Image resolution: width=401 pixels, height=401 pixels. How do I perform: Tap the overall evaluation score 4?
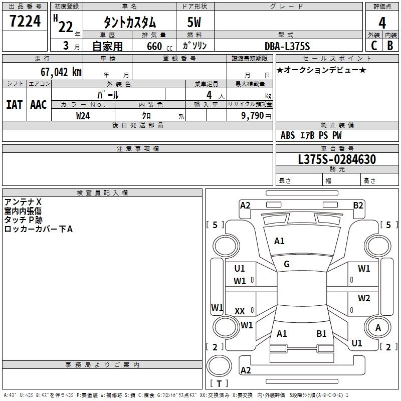tap(382, 23)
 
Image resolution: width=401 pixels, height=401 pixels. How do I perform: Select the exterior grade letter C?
tap(373, 45)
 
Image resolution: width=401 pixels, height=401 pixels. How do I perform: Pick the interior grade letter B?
tap(390, 45)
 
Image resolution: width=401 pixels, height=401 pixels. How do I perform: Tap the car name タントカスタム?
tap(130, 23)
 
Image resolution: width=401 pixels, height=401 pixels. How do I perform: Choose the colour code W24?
tap(83, 115)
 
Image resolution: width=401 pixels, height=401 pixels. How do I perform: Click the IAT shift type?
tap(14, 105)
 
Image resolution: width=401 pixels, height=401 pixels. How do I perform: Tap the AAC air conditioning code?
tap(39, 105)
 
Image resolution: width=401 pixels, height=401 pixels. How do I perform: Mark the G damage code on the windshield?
tap(287, 264)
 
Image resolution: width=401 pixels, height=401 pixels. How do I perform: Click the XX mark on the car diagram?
tap(240, 311)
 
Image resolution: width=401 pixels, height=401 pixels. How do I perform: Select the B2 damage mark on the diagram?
tap(358, 205)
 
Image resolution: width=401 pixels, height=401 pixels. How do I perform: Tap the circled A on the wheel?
tap(378, 327)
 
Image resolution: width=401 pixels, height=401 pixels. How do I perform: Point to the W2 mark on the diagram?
tap(364, 298)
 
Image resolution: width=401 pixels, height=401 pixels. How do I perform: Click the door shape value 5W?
tap(195, 23)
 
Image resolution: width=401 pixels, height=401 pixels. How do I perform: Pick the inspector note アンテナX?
tap(23, 202)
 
